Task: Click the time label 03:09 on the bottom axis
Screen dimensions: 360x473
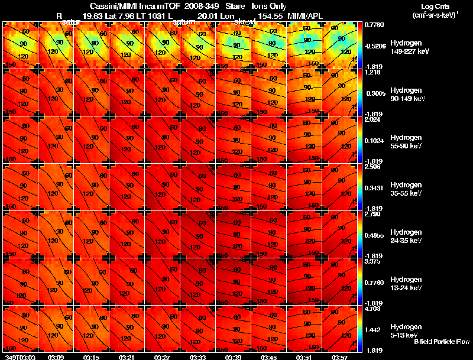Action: (x=56, y=357)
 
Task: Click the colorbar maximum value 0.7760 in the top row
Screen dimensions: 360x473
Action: (x=374, y=25)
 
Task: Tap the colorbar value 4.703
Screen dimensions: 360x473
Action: (x=372, y=309)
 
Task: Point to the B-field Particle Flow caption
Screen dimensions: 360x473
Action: (x=442, y=342)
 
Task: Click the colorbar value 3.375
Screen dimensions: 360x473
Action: (x=372, y=261)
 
